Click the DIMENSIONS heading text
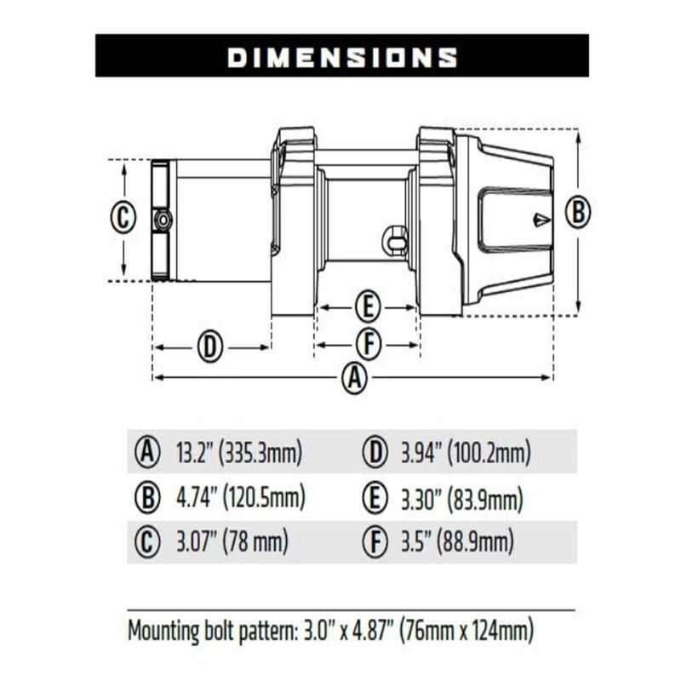pyautogui.click(x=342, y=56)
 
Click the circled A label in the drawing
pyautogui.click(x=354, y=378)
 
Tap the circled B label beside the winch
pyautogui.click(x=578, y=211)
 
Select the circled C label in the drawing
pyautogui.click(x=123, y=217)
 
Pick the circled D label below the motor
pyautogui.click(x=210, y=347)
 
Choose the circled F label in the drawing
pyautogui.click(x=368, y=345)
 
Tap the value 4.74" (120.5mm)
pyautogui.click(x=239, y=497)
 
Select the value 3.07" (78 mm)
pyautogui.click(x=231, y=541)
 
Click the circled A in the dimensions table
pyautogui.click(x=149, y=452)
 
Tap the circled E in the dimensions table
pyautogui.click(x=375, y=498)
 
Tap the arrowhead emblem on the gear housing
pyautogui.click(x=541, y=220)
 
